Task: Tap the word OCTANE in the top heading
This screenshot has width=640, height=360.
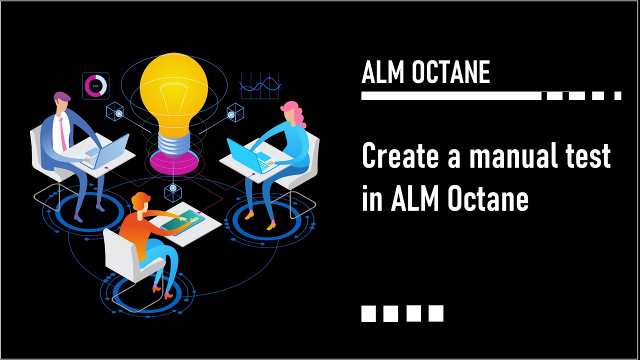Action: pyautogui.click(x=450, y=72)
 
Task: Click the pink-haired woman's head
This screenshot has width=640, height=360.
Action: pyautogui.click(x=291, y=113)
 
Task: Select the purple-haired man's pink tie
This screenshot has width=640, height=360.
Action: pyautogui.click(x=62, y=132)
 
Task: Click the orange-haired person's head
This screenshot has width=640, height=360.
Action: pyautogui.click(x=140, y=202)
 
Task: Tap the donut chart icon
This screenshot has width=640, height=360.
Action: pyautogui.click(x=95, y=85)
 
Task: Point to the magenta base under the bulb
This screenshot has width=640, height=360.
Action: pyautogui.click(x=173, y=161)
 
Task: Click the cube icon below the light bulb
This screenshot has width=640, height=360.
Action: pyautogui.click(x=173, y=188)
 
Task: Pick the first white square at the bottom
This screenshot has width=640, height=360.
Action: pyautogui.click(x=368, y=313)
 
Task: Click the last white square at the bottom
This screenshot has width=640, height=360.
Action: pyautogui.click(x=436, y=313)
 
